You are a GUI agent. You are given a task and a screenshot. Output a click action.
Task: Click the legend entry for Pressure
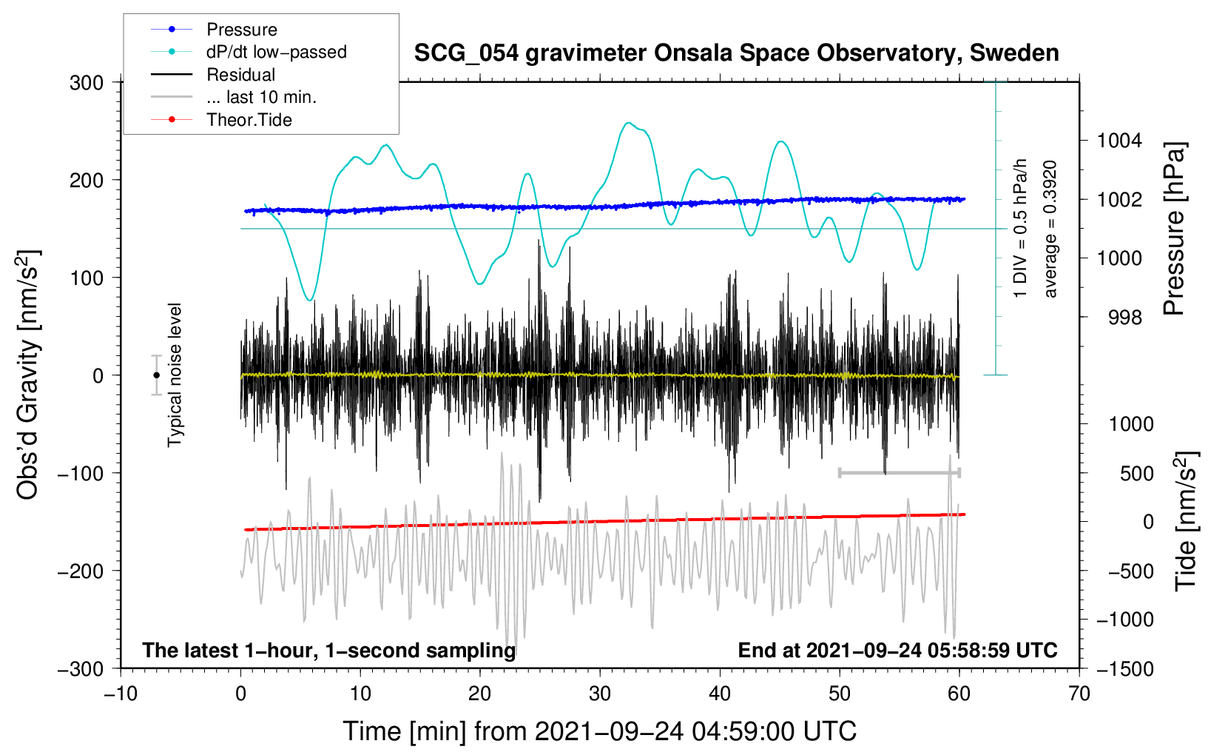[x=215, y=29]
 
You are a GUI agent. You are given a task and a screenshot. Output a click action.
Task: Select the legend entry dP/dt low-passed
[x=249, y=52]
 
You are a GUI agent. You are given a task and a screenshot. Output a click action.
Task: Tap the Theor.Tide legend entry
[x=221, y=120]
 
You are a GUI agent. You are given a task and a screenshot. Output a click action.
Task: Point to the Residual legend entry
[x=213, y=74]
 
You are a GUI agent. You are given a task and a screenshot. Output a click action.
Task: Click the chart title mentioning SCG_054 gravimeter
[x=736, y=53]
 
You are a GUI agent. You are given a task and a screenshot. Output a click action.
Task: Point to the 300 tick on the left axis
[x=87, y=83]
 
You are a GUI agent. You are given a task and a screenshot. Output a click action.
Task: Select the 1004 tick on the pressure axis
[x=1119, y=141]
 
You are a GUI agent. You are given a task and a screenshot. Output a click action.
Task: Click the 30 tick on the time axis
[x=600, y=694]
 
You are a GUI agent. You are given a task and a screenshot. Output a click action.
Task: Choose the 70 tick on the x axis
[x=1079, y=694]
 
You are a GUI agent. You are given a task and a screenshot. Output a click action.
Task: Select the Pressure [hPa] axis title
[x=1174, y=229]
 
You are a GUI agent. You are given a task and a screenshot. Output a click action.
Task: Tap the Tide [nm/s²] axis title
[x=1187, y=522]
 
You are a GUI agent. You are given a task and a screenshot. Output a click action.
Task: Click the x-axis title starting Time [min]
[x=600, y=731]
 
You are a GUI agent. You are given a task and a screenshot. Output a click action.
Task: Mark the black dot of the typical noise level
[x=156, y=375]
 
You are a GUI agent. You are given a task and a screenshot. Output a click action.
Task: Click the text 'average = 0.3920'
[x=1050, y=229]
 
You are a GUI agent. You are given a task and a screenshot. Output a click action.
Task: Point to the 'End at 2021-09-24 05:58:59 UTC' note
[x=897, y=650]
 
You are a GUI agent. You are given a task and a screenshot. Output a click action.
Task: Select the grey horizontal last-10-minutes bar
[x=900, y=472]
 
